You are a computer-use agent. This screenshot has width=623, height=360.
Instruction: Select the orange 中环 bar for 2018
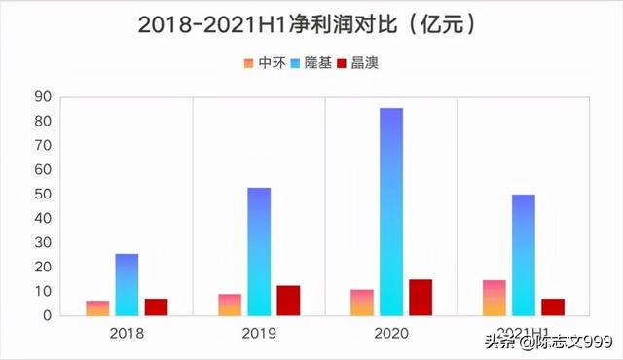coord(97,307)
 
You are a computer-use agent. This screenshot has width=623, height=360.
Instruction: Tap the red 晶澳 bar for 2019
coord(288,300)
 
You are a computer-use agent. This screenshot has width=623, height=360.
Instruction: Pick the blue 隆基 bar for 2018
coord(127,284)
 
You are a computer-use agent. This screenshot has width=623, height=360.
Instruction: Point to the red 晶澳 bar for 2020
coord(421,297)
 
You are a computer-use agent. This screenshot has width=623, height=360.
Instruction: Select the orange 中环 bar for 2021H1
coord(495,298)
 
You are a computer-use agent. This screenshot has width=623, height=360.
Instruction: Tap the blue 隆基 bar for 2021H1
coord(524,255)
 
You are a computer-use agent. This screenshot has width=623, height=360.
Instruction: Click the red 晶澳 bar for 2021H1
coord(553,306)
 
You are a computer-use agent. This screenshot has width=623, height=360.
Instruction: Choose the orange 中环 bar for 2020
coord(362,302)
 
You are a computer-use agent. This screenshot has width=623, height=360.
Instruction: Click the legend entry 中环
coord(265,63)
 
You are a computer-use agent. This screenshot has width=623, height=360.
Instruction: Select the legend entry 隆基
coord(311,63)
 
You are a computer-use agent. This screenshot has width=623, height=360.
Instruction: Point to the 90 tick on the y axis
coord(42,96)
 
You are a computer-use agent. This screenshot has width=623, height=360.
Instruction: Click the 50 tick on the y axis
coord(42,194)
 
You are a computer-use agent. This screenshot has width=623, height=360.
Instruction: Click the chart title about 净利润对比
coord(311,23)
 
